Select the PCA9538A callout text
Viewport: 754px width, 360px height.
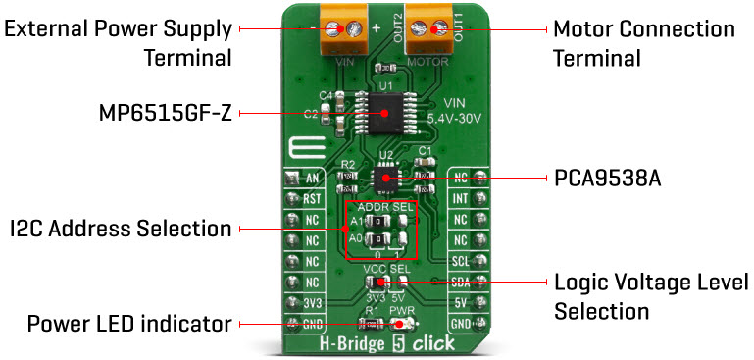point(607,180)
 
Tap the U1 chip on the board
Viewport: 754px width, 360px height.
point(384,113)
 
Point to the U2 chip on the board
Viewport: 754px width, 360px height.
point(385,178)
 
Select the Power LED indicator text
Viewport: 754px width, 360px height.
point(129,323)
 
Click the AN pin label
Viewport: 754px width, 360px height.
point(313,179)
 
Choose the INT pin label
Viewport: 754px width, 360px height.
point(459,198)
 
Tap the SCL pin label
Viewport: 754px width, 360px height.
point(459,262)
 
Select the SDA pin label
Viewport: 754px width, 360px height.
point(459,283)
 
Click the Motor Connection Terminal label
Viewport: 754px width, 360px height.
point(643,43)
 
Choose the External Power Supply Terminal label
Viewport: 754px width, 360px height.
point(119,43)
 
